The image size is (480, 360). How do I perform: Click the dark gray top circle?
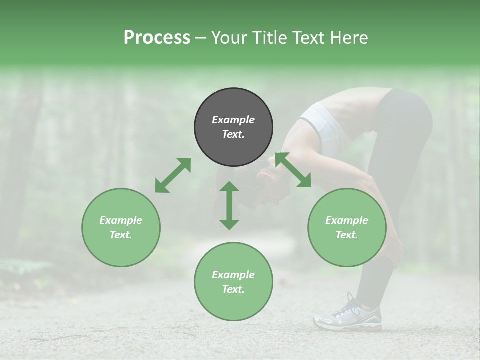pyautogui.click(x=233, y=127)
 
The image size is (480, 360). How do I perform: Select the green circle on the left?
pyautogui.click(x=121, y=227)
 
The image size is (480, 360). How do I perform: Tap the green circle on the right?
pyautogui.click(x=347, y=227)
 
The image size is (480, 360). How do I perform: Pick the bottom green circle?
pyautogui.click(x=233, y=282)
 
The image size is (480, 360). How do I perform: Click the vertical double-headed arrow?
pyautogui.click(x=229, y=205)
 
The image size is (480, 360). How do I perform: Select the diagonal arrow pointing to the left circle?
pyautogui.click(x=173, y=175)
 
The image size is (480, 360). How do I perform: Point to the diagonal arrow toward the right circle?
pyautogui.click(x=293, y=170)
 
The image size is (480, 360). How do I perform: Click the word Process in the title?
pyautogui.click(x=157, y=38)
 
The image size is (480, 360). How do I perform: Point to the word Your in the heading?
pyautogui.click(x=230, y=38)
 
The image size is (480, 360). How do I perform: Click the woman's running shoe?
pyautogui.click(x=348, y=315)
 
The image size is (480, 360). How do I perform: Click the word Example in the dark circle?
pyautogui.click(x=233, y=120)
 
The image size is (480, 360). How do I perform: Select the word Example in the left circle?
pyautogui.click(x=121, y=220)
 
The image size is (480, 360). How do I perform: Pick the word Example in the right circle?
pyautogui.click(x=347, y=220)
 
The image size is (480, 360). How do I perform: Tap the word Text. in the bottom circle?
pyautogui.click(x=233, y=289)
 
